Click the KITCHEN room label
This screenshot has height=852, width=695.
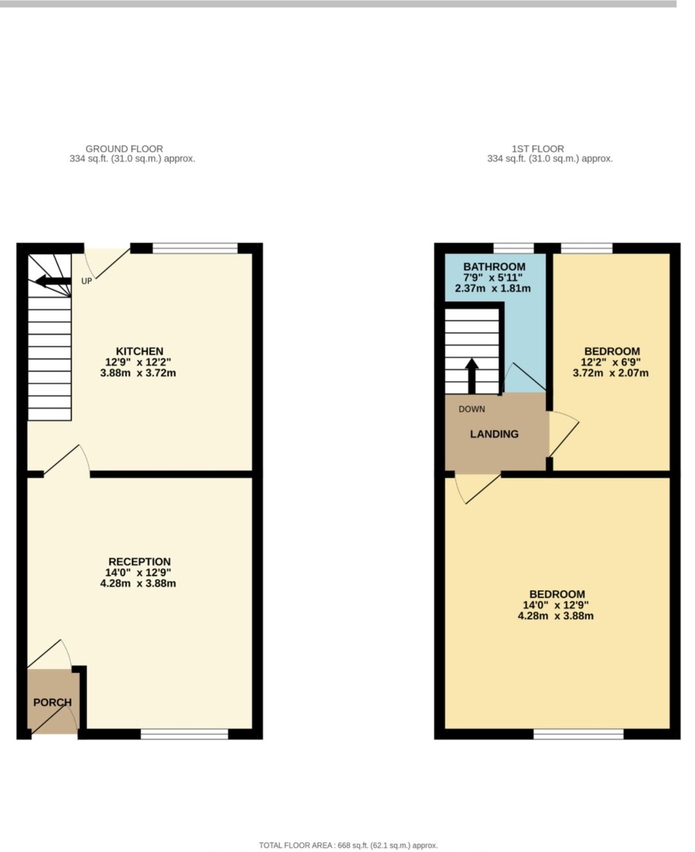139,352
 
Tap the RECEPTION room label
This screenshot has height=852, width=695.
139,562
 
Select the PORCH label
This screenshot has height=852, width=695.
52,702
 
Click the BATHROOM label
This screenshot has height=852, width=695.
494,266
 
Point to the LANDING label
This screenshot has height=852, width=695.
494,434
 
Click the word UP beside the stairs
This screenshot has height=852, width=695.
86,281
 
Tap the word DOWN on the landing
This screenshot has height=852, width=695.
471,409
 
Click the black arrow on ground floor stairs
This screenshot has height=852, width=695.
53,281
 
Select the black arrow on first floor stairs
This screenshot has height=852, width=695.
471,375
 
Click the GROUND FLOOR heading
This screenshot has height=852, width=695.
124,148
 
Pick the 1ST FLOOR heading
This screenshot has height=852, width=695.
538,148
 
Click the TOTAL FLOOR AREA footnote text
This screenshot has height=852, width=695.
348,845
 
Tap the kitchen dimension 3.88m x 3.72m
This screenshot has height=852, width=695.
138,373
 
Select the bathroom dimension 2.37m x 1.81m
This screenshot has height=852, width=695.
493,288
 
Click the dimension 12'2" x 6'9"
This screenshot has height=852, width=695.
611,362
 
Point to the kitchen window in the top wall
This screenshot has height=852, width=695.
195,248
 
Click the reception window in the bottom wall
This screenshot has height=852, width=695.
184,733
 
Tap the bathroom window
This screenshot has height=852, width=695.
514,248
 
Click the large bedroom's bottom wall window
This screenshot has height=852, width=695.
578,733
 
